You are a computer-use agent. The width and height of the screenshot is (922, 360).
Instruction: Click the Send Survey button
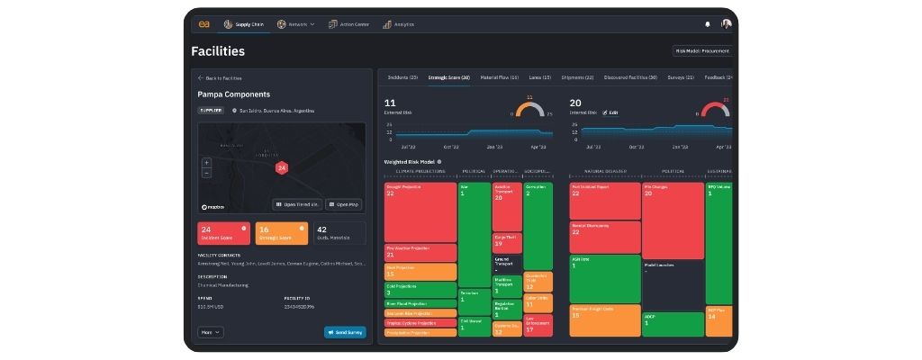click(x=345, y=332)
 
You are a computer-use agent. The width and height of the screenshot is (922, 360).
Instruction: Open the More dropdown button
click(x=210, y=332)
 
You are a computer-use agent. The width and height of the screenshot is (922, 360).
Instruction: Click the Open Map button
click(x=343, y=204)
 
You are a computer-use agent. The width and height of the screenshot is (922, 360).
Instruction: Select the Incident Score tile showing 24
click(x=223, y=233)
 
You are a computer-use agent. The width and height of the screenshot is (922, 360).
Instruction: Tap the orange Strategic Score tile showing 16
click(x=281, y=233)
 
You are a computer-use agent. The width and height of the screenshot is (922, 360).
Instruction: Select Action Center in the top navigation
click(x=346, y=24)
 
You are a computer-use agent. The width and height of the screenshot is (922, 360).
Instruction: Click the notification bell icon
click(x=707, y=24)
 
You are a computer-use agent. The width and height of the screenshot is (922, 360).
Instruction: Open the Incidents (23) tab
click(x=401, y=78)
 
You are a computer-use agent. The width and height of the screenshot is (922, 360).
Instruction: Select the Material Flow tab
click(x=499, y=78)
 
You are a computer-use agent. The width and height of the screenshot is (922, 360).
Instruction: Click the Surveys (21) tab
click(x=681, y=78)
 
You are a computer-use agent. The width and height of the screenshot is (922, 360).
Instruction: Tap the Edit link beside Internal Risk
click(x=612, y=112)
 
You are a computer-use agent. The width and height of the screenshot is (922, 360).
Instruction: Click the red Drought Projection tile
click(x=420, y=211)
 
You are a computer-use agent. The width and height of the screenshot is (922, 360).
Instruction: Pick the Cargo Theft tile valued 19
click(x=506, y=241)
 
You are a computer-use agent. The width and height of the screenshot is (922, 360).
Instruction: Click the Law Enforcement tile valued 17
click(x=538, y=325)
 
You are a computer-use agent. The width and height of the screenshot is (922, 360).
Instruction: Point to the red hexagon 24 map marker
click(x=281, y=167)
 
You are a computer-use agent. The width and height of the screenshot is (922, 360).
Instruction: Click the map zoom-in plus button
click(x=206, y=163)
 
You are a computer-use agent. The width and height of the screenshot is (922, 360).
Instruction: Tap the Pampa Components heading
click(x=233, y=94)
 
